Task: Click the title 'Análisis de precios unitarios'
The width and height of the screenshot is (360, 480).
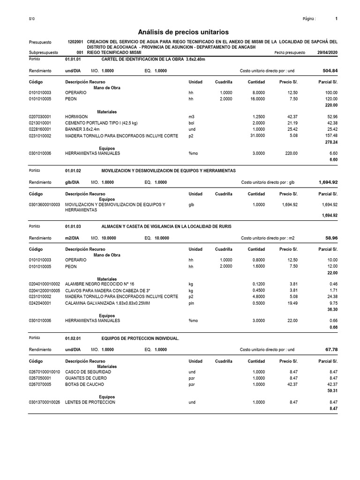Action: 183,32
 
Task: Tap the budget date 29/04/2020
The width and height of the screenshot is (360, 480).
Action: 327,53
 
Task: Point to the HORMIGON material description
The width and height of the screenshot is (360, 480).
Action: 76,117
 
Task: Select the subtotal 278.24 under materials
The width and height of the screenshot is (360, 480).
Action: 331,141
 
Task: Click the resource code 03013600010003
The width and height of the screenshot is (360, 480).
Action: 44,205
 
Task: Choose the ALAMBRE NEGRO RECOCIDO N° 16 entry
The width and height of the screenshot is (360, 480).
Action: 99,284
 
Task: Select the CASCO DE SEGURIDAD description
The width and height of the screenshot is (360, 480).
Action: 88,372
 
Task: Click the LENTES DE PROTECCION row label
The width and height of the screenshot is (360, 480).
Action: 90,402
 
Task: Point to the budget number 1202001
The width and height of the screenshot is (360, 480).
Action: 75,42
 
